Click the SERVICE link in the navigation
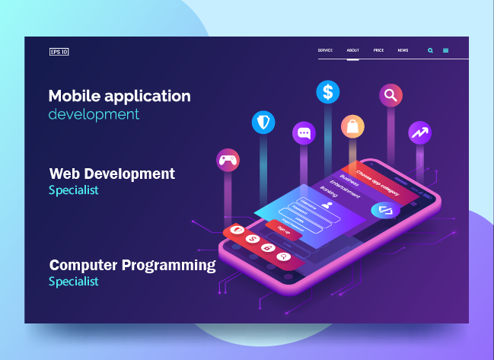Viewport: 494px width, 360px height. pyautogui.click(x=325, y=50)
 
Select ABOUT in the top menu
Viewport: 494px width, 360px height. pyautogui.click(x=352, y=50)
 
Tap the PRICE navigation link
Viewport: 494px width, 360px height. pyautogui.click(x=378, y=50)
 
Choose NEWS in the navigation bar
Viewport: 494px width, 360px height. pyautogui.click(x=403, y=50)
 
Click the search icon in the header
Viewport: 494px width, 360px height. pyautogui.click(x=430, y=51)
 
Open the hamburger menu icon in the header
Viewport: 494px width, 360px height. pyautogui.click(x=445, y=51)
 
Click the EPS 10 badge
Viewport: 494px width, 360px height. pyautogui.click(x=59, y=52)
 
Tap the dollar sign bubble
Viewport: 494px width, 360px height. pyautogui.click(x=328, y=92)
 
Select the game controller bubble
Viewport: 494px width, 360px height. pyautogui.click(x=228, y=160)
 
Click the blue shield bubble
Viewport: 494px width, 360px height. pyautogui.click(x=263, y=122)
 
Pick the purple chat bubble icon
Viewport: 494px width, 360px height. pyautogui.click(x=304, y=133)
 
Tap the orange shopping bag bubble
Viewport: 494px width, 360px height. pyautogui.click(x=352, y=126)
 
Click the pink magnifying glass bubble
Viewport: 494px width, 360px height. pyautogui.click(x=390, y=95)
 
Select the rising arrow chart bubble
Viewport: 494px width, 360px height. pyautogui.click(x=419, y=132)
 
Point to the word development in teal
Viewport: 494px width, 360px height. pyautogui.click(x=94, y=115)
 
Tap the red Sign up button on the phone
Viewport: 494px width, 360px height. pyautogui.click(x=283, y=228)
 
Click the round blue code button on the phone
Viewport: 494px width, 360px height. pyautogui.click(x=385, y=210)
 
